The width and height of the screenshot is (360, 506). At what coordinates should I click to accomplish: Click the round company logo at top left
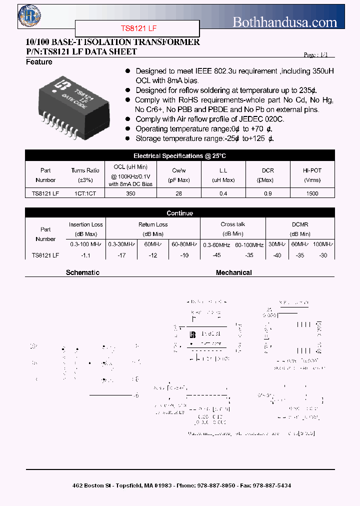[29, 15]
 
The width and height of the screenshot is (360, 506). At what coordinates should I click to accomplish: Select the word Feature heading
[39, 62]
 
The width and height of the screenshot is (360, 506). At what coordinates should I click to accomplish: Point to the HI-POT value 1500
[312, 193]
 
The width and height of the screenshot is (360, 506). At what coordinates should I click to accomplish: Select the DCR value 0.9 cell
[267, 193]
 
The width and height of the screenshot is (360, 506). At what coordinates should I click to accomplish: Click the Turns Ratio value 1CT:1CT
[85, 193]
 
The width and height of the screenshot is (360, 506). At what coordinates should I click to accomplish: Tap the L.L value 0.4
[223, 193]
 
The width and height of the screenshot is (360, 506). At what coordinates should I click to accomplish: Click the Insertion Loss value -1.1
[85, 255]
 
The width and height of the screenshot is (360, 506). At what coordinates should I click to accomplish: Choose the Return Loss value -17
[120, 255]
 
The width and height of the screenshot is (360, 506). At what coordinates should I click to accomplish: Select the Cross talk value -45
[216, 255]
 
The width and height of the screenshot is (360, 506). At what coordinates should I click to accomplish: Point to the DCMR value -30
[323, 255]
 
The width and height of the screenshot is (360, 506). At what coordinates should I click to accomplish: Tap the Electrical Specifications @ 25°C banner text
[179, 156]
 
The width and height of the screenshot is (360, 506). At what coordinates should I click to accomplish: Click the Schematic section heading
[82, 272]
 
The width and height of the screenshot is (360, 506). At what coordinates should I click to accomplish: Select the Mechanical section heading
[233, 272]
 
